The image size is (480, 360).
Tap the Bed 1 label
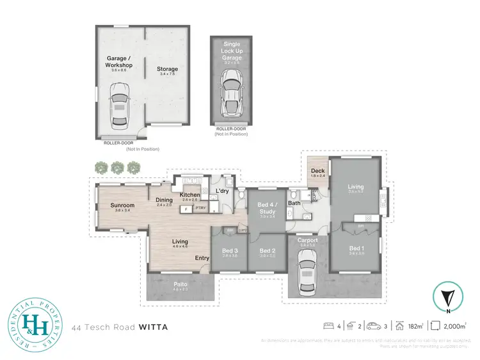[x=356, y=248]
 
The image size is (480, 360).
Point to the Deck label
[x=318, y=171]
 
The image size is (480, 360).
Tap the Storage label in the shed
[x=168, y=69]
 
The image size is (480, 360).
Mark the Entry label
[x=202, y=258]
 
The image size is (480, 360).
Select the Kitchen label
[x=190, y=195]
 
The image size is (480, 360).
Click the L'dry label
[x=223, y=191]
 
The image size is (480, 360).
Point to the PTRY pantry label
[x=200, y=208]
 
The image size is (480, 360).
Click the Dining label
[x=164, y=199]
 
